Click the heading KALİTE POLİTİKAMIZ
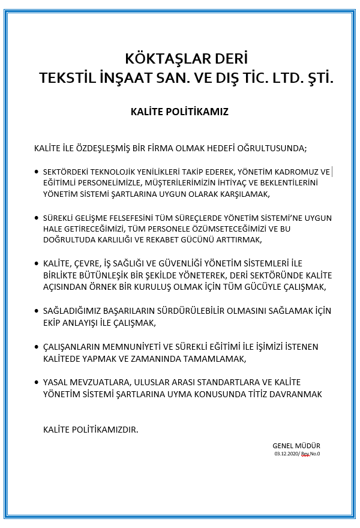(179, 112)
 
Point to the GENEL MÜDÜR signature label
(296, 446)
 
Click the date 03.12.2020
(286, 454)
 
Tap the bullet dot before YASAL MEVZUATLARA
(37, 383)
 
